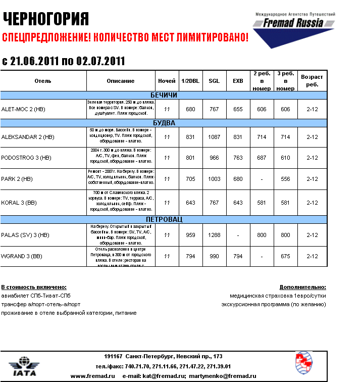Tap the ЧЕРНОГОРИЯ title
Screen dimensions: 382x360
(46, 19)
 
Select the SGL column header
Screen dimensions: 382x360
(214, 81)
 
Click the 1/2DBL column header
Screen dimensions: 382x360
(190, 81)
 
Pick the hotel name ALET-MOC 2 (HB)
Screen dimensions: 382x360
(23, 109)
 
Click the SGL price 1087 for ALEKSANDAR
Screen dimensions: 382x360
(214, 137)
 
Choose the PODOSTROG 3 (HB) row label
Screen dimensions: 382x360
(26, 158)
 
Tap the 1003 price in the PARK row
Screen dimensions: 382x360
(214, 179)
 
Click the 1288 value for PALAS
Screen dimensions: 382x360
(214, 235)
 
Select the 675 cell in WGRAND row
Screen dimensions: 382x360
(286, 256)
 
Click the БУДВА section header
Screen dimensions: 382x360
(164, 123)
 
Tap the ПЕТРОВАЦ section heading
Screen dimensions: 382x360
(164, 220)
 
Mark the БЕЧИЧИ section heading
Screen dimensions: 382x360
(164, 95)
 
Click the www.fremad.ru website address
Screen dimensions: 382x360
(86, 376)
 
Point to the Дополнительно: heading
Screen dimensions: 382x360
(302, 287)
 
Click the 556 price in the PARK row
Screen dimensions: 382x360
(286, 179)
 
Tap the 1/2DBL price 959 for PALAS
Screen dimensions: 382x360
(190, 235)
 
